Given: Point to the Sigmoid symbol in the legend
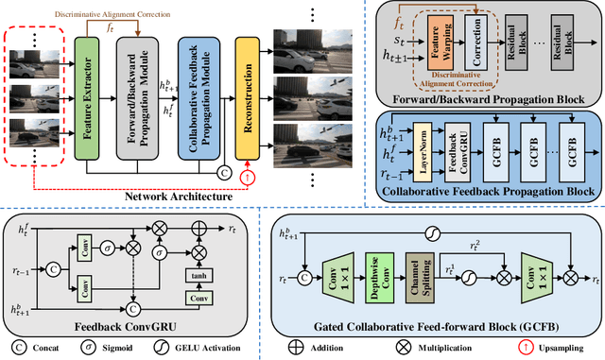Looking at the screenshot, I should (114, 346).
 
